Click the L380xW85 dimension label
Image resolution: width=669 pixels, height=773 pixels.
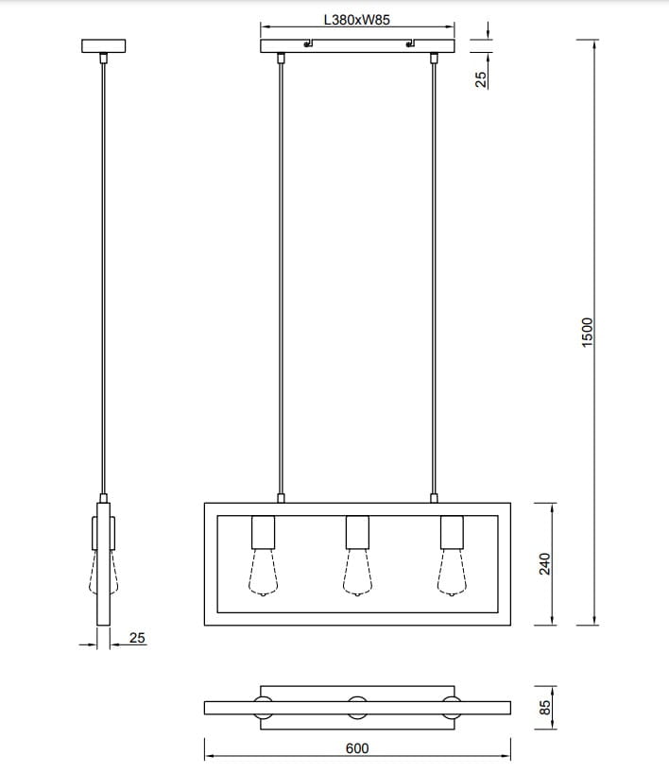point(356,18)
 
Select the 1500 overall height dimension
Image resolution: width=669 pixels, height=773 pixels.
point(587,332)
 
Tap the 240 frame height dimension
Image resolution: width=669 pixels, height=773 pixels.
point(545,563)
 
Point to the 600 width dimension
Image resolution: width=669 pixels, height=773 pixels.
point(357,747)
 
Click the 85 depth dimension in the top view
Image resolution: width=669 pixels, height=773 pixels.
point(545,707)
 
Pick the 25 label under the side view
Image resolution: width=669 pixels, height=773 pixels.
point(137,638)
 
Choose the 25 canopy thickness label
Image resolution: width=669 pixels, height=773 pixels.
point(481,79)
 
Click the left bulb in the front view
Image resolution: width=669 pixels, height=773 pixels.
point(263,575)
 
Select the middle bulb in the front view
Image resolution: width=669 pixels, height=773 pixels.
point(356,575)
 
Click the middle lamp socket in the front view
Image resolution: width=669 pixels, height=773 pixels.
point(356,533)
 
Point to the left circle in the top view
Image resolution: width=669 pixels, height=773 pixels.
point(263,707)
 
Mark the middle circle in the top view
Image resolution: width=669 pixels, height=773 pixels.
point(357,707)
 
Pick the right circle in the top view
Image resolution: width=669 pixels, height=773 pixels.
point(452,707)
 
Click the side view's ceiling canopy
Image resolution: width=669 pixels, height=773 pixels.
point(104,45)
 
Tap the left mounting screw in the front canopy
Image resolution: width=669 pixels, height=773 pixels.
point(307,43)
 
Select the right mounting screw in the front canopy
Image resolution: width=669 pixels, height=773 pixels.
point(410,43)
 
